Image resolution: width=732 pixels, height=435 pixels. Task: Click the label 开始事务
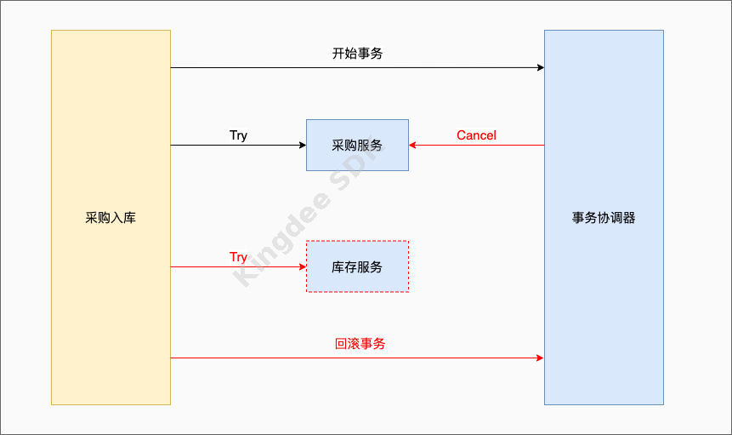click(x=357, y=54)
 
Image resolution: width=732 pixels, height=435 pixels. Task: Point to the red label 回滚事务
click(x=360, y=344)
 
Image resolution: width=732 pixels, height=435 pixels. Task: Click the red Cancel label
click(x=476, y=135)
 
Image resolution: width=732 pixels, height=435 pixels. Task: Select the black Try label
click(x=238, y=135)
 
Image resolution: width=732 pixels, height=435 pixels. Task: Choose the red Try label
click(x=238, y=257)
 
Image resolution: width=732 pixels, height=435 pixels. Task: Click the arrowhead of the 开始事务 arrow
click(x=540, y=67)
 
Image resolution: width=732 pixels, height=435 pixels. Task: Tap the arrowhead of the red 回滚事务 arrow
click(x=540, y=358)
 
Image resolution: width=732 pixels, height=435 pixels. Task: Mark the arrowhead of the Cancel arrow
click(x=413, y=146)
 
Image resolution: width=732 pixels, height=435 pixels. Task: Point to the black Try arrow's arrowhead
click(x=302, y=146)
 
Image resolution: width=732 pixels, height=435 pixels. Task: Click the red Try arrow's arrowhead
click(x=302, y=266)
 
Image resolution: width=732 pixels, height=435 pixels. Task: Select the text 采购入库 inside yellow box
click(x=111, y=218)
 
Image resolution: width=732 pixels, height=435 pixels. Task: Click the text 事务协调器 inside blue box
click(x=604, y=218)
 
